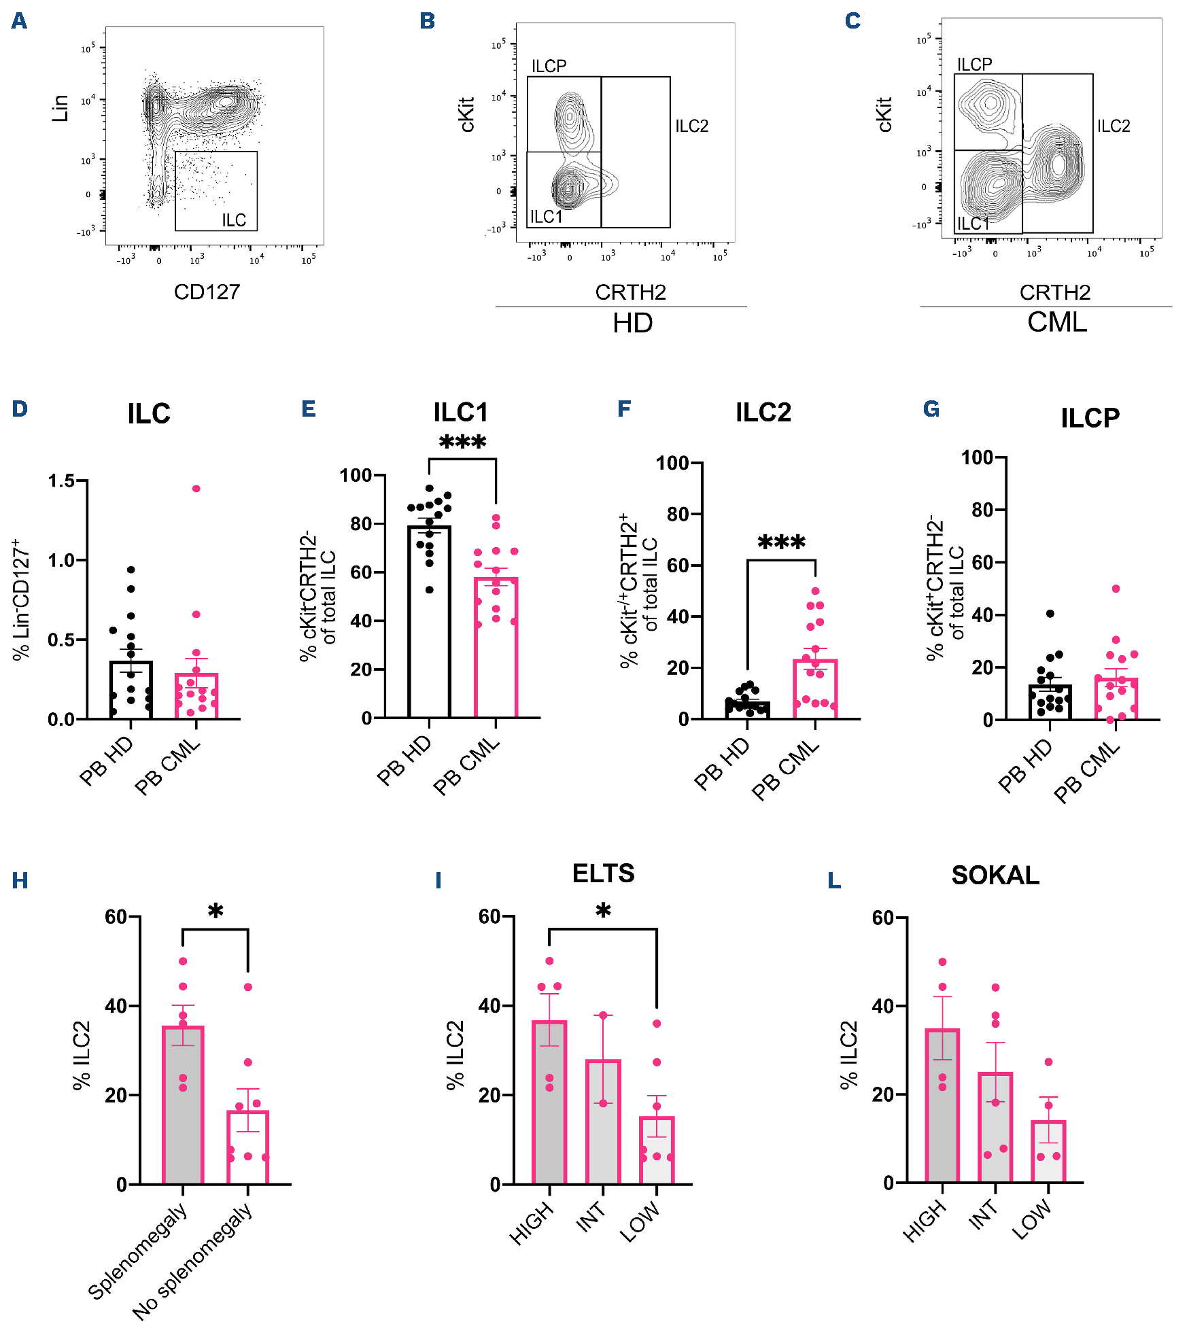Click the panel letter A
(x=19, y=21)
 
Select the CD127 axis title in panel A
(x=207, y=292)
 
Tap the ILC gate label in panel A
(x=234, y=220)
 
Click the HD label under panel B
(x=632, y=323)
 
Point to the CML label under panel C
(x=1056, y=322)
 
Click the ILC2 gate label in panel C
(x=1114, y=126)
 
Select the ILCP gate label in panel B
(x=549, y=66)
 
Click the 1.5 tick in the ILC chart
(x=61, y=481)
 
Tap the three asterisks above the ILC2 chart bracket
(x=781, y=543)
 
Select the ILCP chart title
(x=1090, y=418)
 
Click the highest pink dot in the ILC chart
(x=196, y=489)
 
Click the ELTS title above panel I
(x=603, y=873)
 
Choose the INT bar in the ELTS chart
(x=603, y=1121)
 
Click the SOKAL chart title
(x=995, y=875)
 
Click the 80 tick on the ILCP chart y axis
(x=982, y=510)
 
